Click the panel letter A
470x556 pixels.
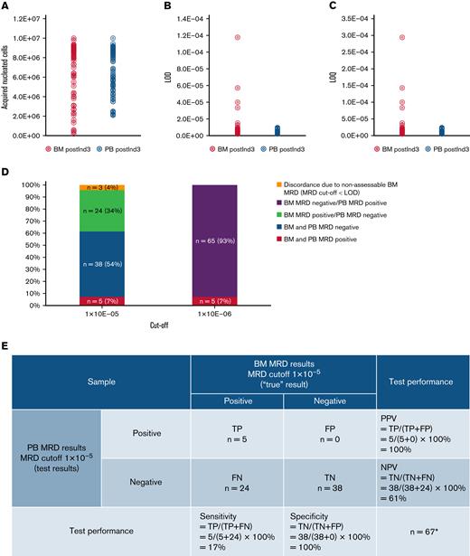[x=6, y=5]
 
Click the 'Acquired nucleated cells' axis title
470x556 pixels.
[x=7, y=76]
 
